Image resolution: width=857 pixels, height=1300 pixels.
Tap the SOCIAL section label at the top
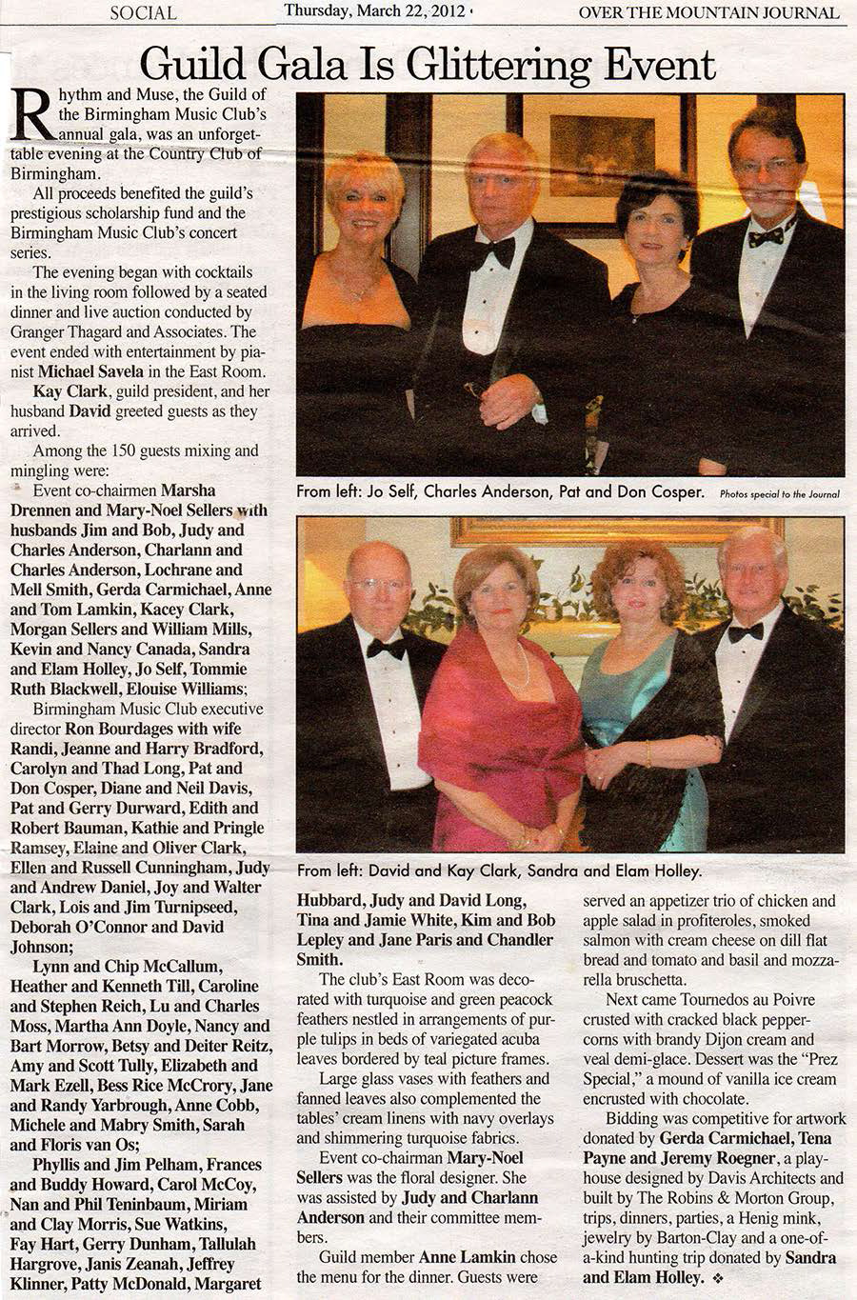pyautogui.click(x=143, y=12)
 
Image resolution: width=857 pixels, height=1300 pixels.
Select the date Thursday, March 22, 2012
pyautogui.click(x=375, y=11)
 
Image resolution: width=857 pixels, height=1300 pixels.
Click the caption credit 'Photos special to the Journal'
pyautogui.click(x=780, y=494)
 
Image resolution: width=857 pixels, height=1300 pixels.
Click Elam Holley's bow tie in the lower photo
pyautogui.click(x=745, y=630)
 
